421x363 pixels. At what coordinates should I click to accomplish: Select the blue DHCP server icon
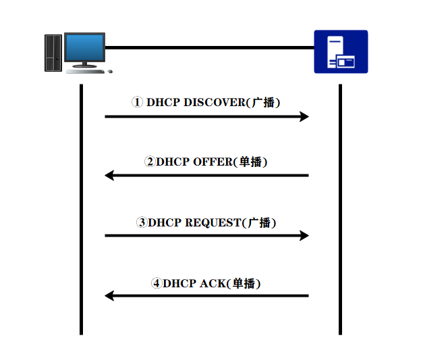coord(341,51)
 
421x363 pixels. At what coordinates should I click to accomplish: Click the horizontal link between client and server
coord(209,47)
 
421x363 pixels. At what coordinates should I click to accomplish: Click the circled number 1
coord(138,103)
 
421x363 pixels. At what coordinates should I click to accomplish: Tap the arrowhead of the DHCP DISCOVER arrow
coord(304,116)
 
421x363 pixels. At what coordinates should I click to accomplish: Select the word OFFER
coord(213,162)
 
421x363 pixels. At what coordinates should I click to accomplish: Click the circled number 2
coord(150,162)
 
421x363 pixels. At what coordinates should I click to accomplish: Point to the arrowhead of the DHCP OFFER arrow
coord(109,176)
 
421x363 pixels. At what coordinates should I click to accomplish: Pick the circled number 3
coord(142,222)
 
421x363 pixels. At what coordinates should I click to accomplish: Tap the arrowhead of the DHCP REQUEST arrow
coord(304,235)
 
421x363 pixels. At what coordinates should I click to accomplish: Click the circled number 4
coord(157,283)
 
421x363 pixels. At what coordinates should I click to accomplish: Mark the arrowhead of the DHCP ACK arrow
coord(109,295)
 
